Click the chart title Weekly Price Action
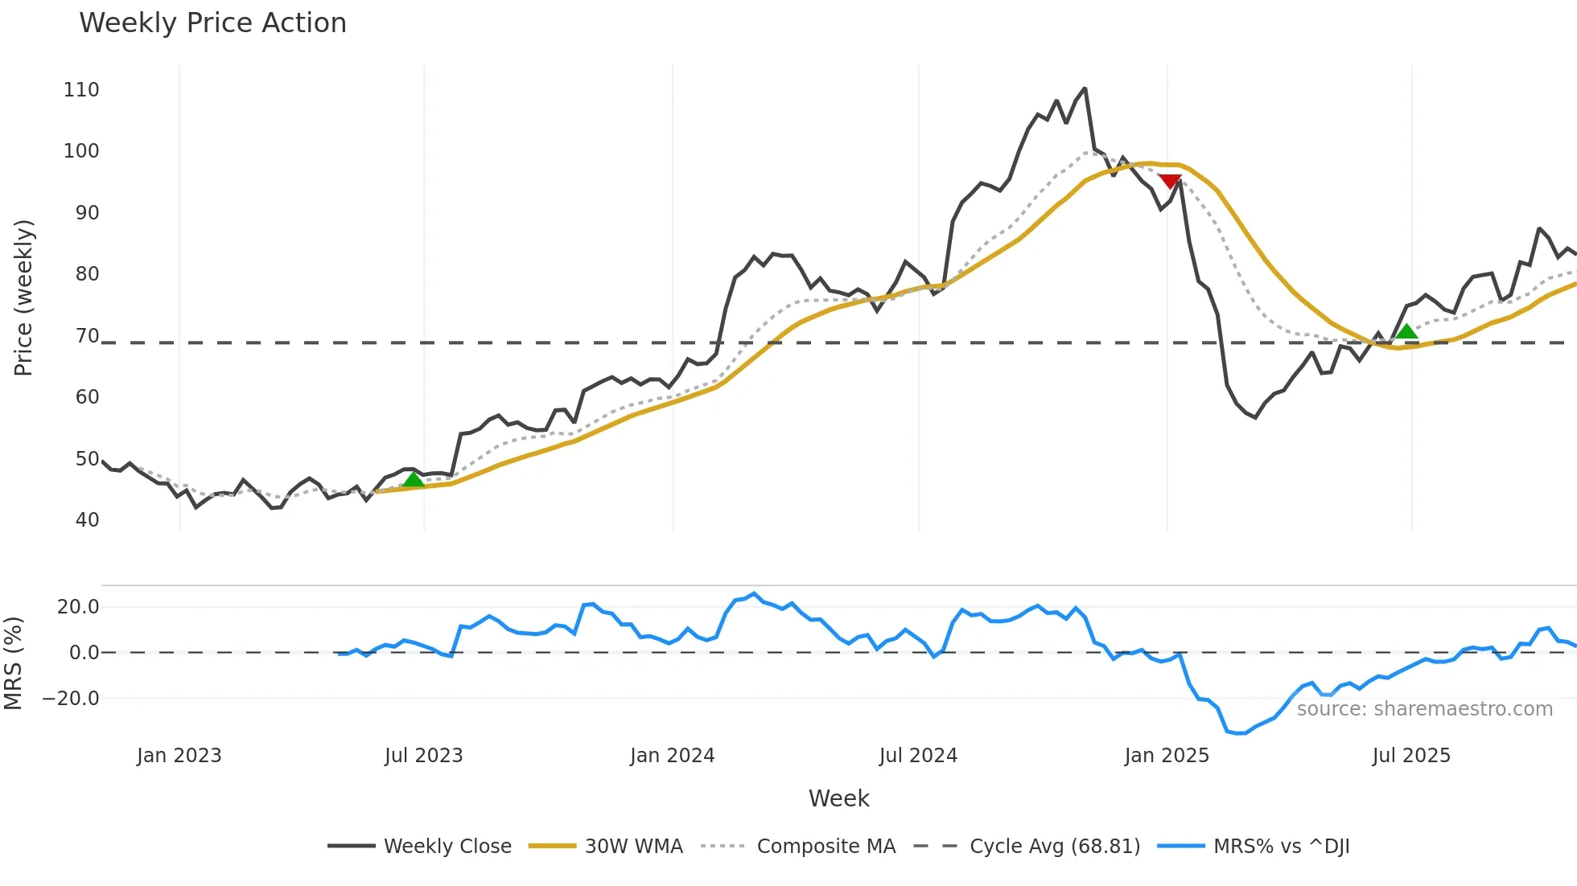tap(212, 23)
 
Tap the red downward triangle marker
tap(1170, 182)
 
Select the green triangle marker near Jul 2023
tap(413, 480)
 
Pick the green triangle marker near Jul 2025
tap(1406, 331)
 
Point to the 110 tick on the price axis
tap(81, 90)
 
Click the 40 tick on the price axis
tap(87, 520)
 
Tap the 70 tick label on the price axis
tap(87, 336)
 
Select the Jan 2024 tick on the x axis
tap(672, 756)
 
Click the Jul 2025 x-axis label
tap(1411, 756)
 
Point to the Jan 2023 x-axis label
tap(179, 756)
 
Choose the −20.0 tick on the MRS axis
tap(71, 699)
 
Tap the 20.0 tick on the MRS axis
tap(78, 607)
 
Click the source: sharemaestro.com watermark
tap(1424, 709)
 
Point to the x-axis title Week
tap(838, 798)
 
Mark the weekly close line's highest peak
tap(1085, 88)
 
